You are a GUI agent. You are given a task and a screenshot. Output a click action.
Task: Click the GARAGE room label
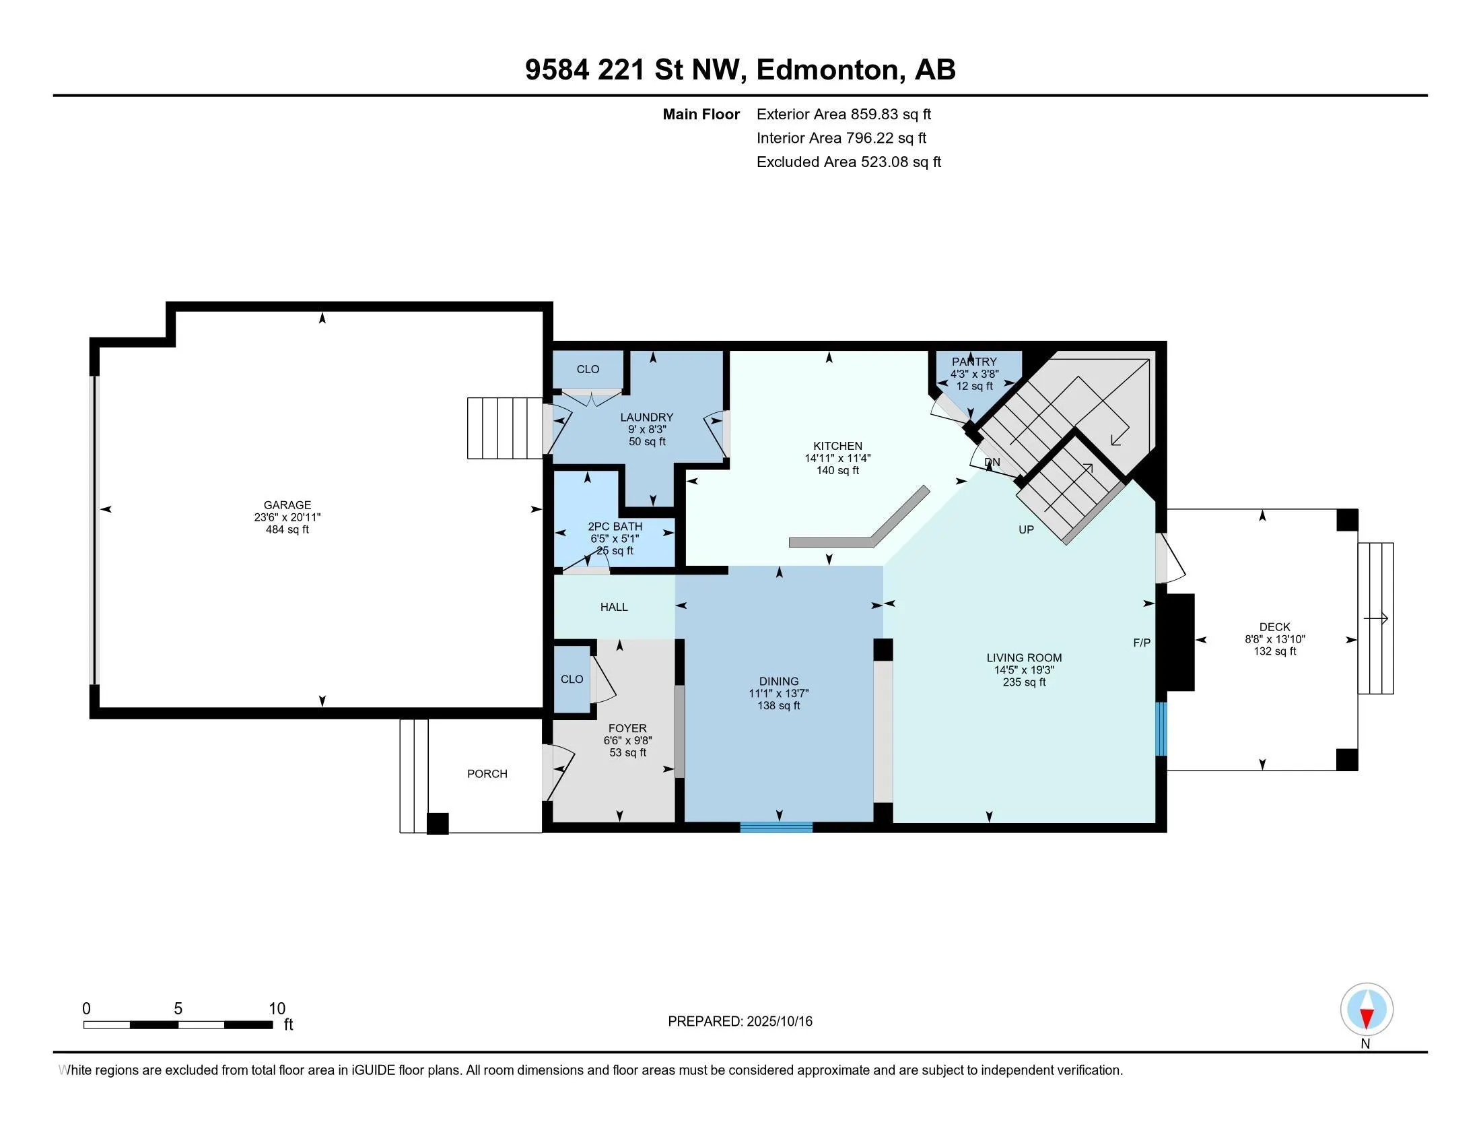pyautogui.click(x=287, y=504)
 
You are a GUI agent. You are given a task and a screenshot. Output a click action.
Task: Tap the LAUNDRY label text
pyautogui.click(x=646, y=417)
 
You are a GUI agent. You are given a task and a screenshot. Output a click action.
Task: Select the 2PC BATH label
pyautogui.click(x=615, y=527)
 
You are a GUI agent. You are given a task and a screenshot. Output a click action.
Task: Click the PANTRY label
pyautogui.click(x=975, y=362)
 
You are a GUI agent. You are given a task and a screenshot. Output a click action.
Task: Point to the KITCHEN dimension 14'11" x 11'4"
pyautogui.click(x=837, y=458)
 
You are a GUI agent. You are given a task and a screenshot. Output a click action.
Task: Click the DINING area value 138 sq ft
pyautogui.click(x=779, y=705)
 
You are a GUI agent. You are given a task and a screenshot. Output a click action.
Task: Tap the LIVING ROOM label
pyautogui.click(x=1024, y=657)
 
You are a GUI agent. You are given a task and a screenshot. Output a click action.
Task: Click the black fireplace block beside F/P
pyautogui.click(x=1179, y=643)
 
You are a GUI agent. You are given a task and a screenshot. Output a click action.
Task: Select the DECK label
pyautogui.click(x=1275, y=627)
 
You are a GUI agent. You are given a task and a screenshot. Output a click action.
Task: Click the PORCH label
pyautogui.click(x=487, y=773)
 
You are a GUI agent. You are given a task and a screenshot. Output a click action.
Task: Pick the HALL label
pyautogui.click(x=614, y=607)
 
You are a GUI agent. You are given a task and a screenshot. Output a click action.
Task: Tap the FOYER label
pyautogui.click(x=627, y=729)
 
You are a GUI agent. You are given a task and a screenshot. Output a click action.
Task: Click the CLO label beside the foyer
pyautogui.click(x=572, y=679)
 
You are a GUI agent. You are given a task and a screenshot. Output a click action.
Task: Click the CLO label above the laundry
pyautogui.click(x=588, y=369)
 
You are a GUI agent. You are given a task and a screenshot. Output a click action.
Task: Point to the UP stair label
pyautogui.click(x=1026, y=529)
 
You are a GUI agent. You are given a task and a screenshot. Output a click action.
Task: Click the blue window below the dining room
pyautogui.click(x=776, y=827)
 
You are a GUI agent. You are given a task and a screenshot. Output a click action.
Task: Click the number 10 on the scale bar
pyautogui.click(x=277, y=1009)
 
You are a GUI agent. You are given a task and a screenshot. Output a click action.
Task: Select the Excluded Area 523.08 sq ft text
pyautogui.click(x=849, y=162)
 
